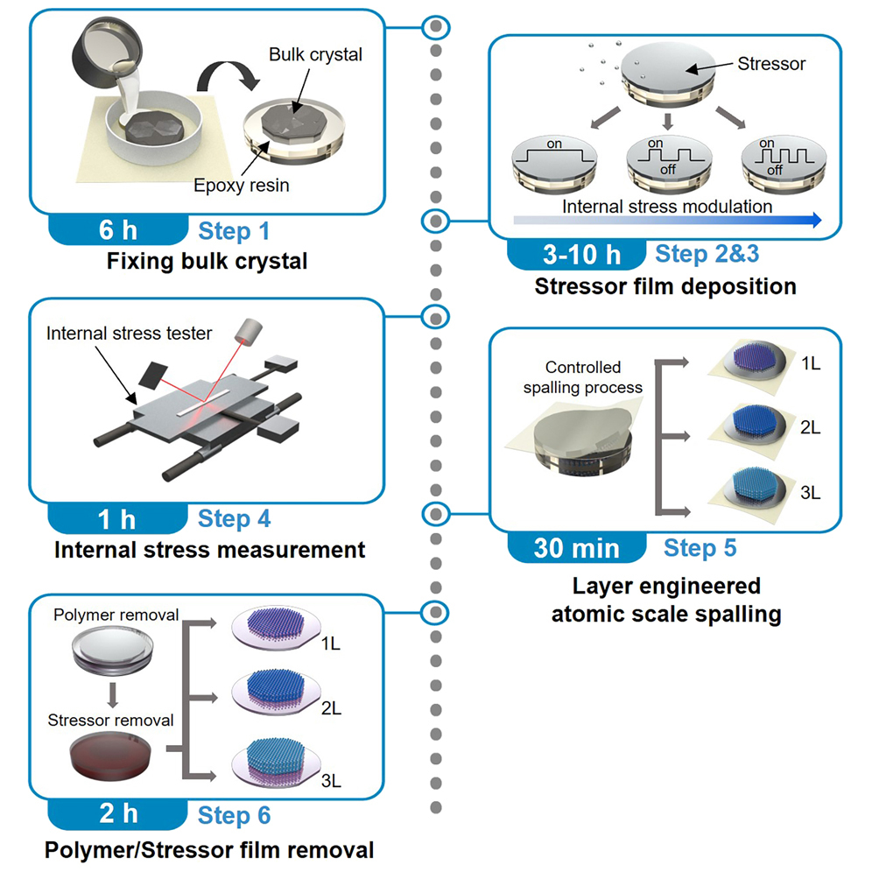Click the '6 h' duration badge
[x=118, y=229]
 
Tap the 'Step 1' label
[x=234, y=231]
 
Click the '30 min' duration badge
[x=577, y=548]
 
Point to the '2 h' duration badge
[x=118, y=813]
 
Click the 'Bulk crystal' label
[x=315, y=54]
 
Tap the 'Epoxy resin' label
[x=242, y=186]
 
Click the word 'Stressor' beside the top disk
[x=771, y=64]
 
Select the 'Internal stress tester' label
[x=129, y=333]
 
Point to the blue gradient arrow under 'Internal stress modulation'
[x=667, y=221]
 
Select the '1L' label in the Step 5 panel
[x=811, y=363]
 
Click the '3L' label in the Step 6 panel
[x=331, y=781]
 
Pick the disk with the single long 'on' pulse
[x=554, y=162]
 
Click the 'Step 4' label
[x=234, y=519]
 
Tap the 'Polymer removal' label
[x=116, y=615]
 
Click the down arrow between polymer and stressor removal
[x=113, y=695]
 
